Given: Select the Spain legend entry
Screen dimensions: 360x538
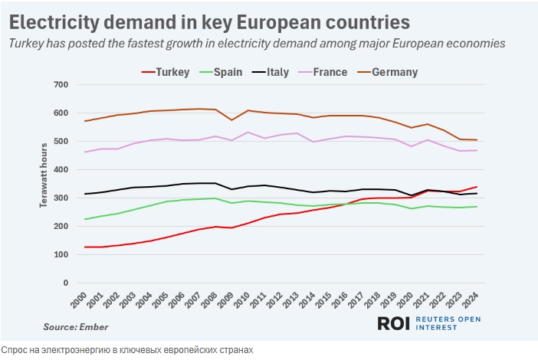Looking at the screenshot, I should point(227,72).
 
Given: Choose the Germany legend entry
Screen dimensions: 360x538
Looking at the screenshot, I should point(395,72).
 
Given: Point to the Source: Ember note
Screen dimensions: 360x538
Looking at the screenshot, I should point(75,327).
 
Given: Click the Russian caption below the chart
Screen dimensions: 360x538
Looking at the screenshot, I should point(126,350).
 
